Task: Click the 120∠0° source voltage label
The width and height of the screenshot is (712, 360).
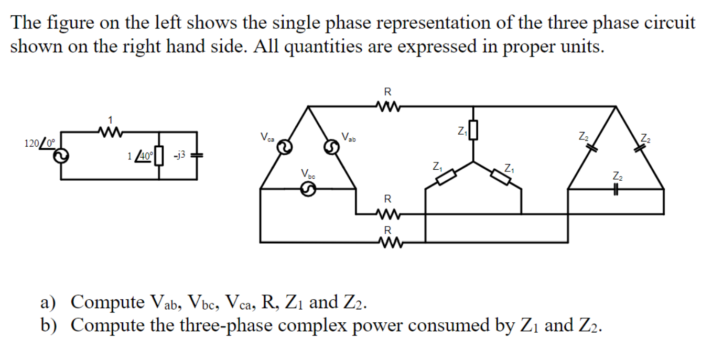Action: click(x=39, y=142)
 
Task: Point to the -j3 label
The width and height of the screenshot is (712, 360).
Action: click(x=180, y=155)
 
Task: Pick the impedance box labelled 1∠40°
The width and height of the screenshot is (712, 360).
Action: click(x=159, y=156)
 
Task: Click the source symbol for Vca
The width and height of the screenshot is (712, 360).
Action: click(x=284, y=147)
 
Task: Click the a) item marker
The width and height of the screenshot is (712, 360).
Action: click(x=49, y=302)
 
